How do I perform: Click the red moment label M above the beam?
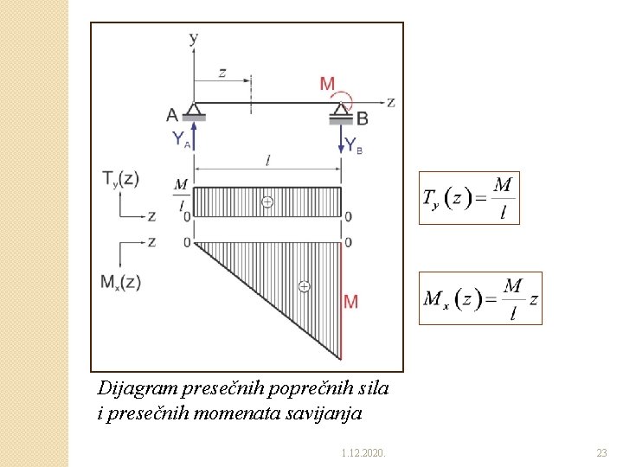(x=327, y=84)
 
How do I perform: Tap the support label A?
(x=172, y=114)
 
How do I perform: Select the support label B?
(x=362, y=118)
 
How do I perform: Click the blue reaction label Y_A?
(x=180, y=138)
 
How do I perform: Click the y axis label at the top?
(x=193, y=38)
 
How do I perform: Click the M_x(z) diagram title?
(x=120, y=282)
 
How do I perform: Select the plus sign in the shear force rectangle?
(x=267, y=202)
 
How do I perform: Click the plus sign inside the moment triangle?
(x=304, y=285)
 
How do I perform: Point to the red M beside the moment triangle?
(x=350, y=301)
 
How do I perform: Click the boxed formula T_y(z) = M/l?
(x=469, y=198)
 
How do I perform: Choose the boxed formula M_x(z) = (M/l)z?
(x=480, y=298)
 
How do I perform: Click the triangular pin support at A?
(x=195, y=110)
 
